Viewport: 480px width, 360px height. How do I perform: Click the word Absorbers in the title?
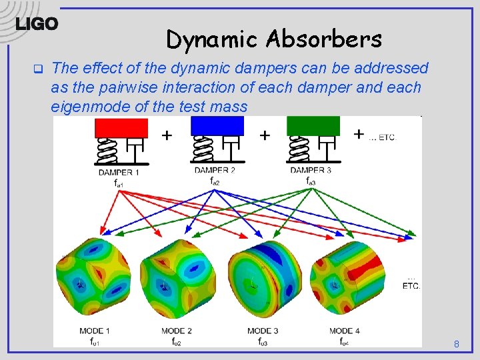[x=323, y=39]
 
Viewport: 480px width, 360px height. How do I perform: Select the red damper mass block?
[x=121, y=128]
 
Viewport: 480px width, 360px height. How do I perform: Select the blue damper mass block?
[x=217, y=125]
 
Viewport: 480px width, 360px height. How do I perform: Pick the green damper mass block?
[x=313, y=125]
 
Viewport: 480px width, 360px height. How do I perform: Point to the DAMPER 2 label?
[x=215, y=171]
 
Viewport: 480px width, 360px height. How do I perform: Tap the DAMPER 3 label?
[x=311, y=171]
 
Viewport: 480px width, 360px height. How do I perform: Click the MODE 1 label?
[x=94, y=331]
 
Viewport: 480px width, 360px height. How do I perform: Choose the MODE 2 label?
[x=177, y=331]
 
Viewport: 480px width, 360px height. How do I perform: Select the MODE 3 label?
[x=263, y=331]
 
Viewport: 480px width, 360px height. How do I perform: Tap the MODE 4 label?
[x=345, y=331]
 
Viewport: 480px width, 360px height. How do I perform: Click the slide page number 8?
[x=457, y=345]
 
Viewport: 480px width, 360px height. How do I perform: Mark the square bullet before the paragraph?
[x=38, y=68]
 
